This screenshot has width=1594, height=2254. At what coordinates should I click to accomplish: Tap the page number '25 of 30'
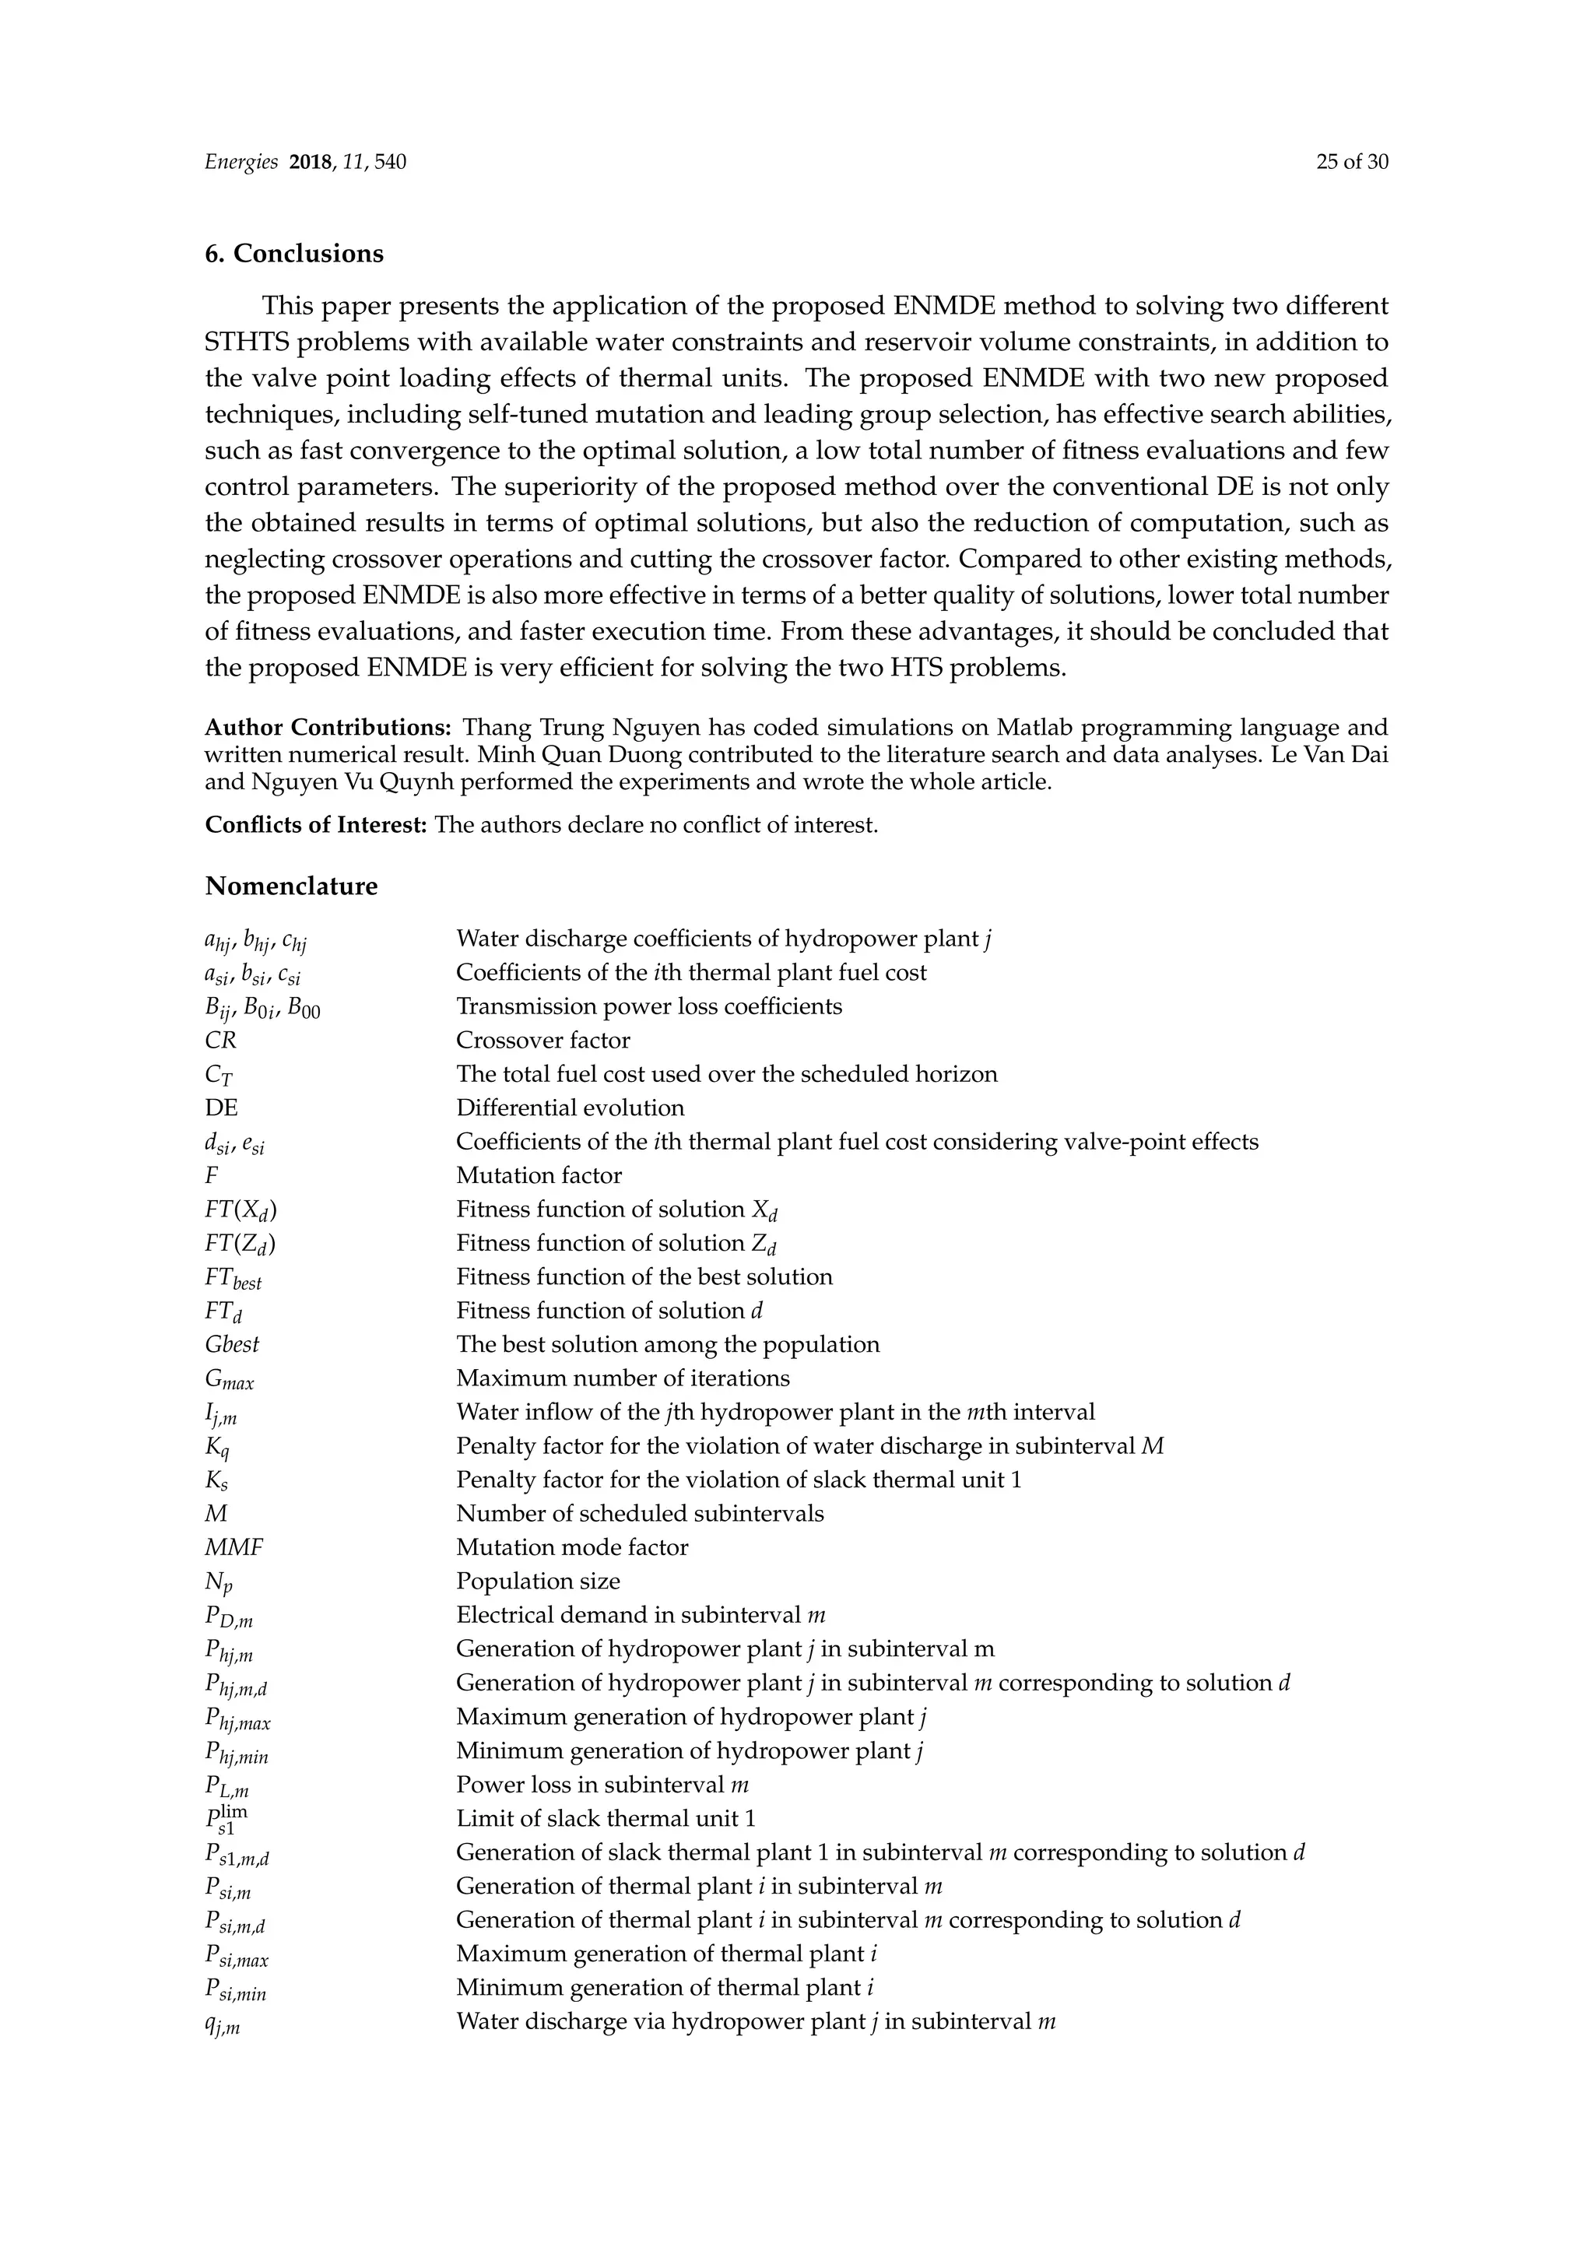tap(1352, 162)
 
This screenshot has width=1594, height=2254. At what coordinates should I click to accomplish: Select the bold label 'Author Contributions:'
tap(327, 728)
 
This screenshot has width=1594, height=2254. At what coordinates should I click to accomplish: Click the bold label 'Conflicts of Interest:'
tap(315, 825)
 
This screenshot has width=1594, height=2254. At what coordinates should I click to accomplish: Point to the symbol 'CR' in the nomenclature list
tap(221, 1041)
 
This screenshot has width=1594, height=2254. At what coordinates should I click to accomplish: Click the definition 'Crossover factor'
tap(542, 1041)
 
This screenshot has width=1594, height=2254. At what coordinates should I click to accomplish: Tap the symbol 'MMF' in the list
tap(233, 1547)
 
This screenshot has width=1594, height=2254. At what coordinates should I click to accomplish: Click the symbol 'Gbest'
tap(232, 1345)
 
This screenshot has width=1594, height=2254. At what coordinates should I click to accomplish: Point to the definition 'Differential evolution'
tap(569, 1108)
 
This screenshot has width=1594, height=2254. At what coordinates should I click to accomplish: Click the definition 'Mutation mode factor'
tap(571, 1547)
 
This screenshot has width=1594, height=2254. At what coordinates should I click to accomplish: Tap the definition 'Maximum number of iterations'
tap(623, 1378)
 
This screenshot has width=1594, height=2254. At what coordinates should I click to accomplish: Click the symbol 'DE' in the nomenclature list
tap(221, 1108)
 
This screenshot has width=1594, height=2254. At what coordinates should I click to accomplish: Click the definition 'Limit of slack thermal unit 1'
tap(606, 1818)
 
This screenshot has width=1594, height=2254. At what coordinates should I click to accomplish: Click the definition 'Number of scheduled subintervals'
tap(639, 1514)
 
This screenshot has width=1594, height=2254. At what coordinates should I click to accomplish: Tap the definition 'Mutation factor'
tap(538, 1176)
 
